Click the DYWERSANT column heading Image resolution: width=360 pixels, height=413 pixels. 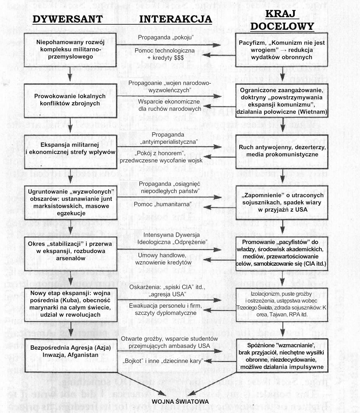pos(67,19)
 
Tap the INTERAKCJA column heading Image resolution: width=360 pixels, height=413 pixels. pos(175,19)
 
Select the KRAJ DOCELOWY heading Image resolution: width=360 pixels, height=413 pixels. pos(282,20)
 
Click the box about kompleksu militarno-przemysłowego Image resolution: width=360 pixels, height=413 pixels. pos(70,50)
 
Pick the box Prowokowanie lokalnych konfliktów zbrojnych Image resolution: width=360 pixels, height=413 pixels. pos(70,100)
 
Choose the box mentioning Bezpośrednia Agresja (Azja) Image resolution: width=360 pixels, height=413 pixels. pos(70,351)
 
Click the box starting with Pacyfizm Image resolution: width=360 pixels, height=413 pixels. pos(282,50)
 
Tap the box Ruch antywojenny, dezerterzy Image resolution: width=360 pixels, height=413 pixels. pos(282,151)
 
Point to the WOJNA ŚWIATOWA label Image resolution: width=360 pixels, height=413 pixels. pos(180,402)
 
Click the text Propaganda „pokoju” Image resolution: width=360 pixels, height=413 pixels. pos(166,37)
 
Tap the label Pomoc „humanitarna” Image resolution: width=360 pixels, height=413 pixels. pos(163,204)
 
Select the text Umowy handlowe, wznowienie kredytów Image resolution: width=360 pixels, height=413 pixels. pos(163,259)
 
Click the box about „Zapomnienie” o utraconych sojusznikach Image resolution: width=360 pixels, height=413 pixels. pos(282,202)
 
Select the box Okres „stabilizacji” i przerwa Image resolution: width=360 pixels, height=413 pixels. pos(70,251)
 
